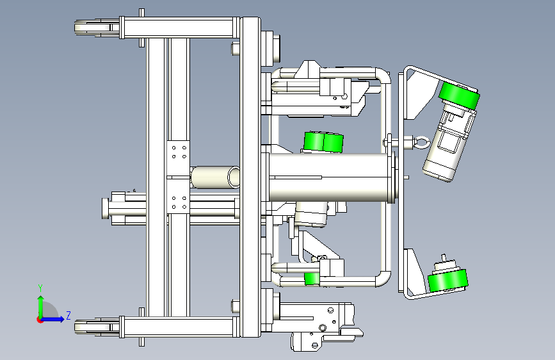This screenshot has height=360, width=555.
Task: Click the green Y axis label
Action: click(x=40, y=288)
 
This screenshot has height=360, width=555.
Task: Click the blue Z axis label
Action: click(x=68, y=315)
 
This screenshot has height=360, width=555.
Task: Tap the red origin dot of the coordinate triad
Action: click(x=39, y=320)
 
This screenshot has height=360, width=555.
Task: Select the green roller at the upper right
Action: click(x=459, y=95)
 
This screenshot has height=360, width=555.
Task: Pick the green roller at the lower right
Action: click(x=447, y=281)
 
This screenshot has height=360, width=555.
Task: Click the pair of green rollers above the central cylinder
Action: click(x=323, y=142)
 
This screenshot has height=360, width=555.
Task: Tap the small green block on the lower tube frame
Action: click(x=312, y=279)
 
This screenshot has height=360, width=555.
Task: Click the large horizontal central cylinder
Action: click(x=329, y=177)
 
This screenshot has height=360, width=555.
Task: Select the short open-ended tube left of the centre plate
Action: click(x=215, y=177)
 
